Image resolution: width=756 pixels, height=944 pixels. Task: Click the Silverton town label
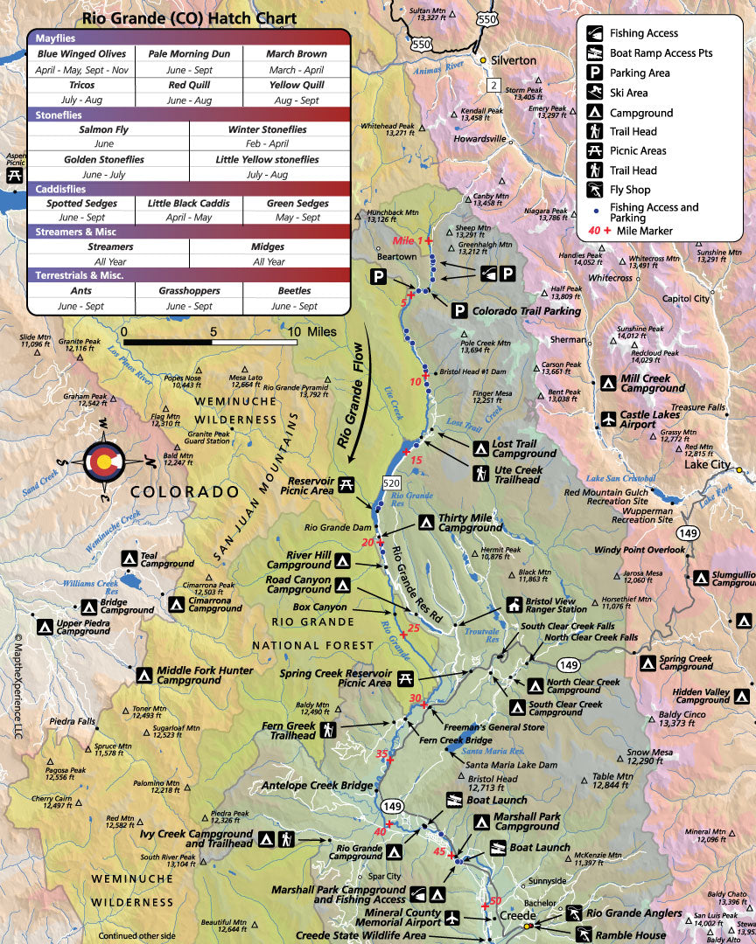click(514, 59)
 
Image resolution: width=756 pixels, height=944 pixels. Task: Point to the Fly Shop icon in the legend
click(594, 190)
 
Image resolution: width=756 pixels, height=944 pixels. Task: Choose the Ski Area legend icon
click(594, 93)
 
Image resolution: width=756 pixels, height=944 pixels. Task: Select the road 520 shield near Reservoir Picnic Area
click(390, 483)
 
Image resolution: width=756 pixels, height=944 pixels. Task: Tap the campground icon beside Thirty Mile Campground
click(424, 523)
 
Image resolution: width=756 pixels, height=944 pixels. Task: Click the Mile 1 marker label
click(407, 239)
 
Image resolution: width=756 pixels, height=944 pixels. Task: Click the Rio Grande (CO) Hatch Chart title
click(189, 17)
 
